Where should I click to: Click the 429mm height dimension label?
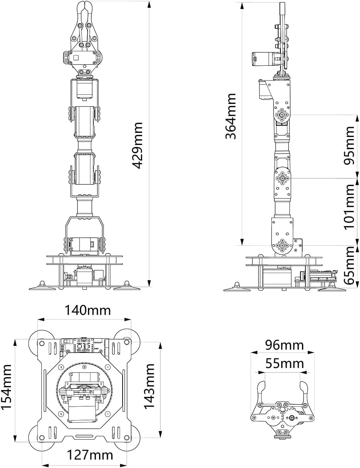click(x=138, y=145)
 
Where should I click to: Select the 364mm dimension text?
click(x=231, y=116)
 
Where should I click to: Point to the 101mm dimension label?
click(x=349, y=206)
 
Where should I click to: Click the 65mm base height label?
click(x=349, y=266)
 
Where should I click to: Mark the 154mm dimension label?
click(x=7, y=387)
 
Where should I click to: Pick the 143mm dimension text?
click(x=150, y=386)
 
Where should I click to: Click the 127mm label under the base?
click(x=90, y=455)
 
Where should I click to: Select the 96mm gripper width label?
click(x=284, y=345)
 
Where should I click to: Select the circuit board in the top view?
click(x=84, y=346)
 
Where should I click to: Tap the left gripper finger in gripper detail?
click(x=261, y=392)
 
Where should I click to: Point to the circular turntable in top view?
click(x=84, y=390)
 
